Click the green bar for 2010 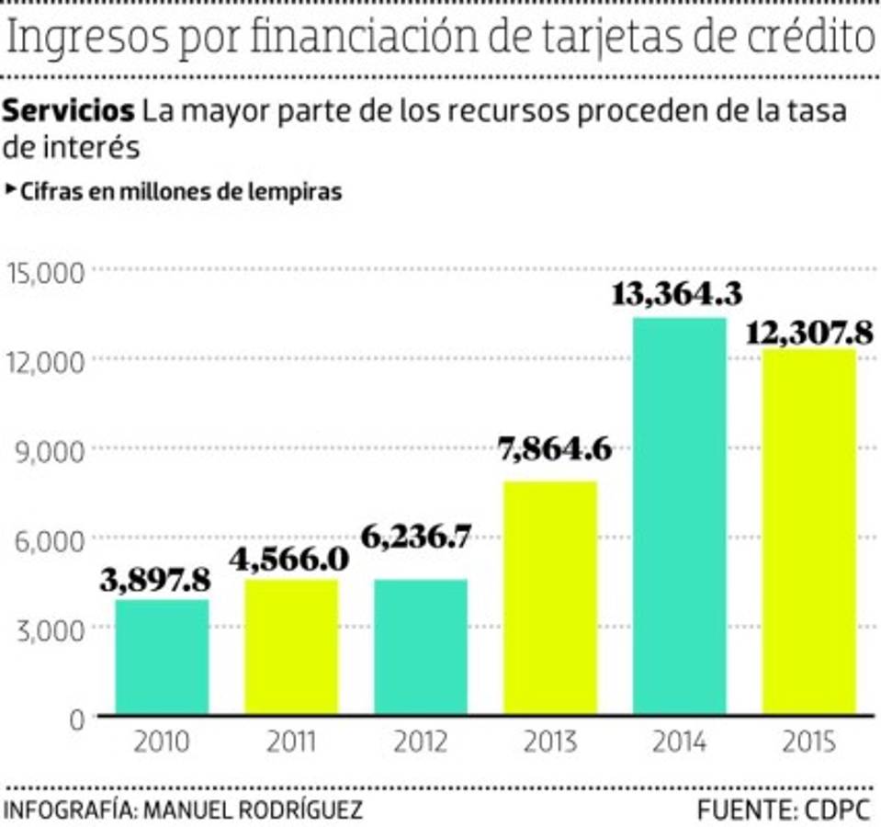pos(162,657)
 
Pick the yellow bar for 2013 pos(549,597)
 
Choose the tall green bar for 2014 pos(679,515)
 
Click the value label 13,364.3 pos(676,296)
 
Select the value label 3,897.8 pos(163,581)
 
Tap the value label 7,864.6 pos(556,451)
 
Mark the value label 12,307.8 pos(808,332)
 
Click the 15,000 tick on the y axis pos(46,271)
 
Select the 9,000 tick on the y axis pos(51,450)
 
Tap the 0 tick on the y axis pos(77,718)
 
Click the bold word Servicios pos(69,111)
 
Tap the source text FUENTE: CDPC pos(783,810)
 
